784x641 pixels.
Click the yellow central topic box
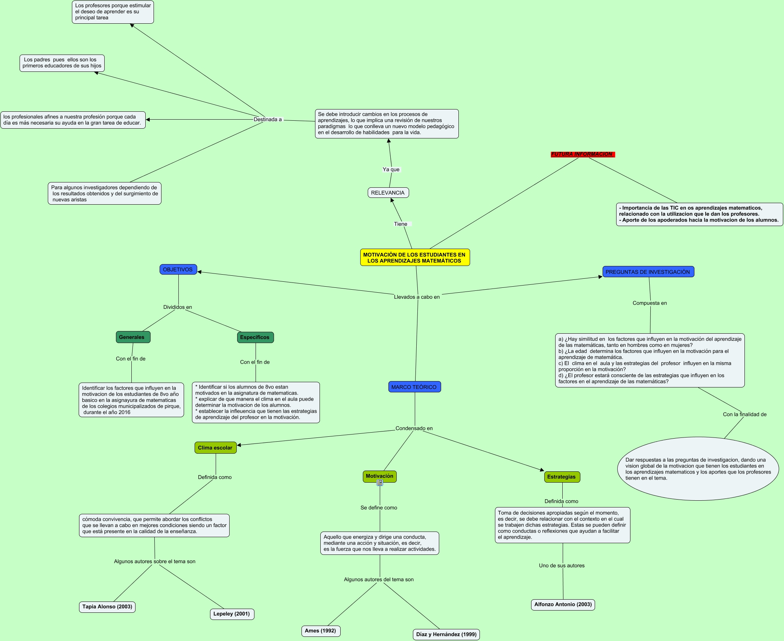[415, 257]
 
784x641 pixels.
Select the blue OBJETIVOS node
[178, 269]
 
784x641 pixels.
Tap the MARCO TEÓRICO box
[414, 387]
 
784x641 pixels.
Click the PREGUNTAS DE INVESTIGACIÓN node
[648, 272]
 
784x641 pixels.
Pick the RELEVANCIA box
[388, 193]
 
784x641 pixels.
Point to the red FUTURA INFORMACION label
[582, 154]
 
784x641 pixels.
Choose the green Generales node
[132, 337]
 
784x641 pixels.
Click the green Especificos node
[255, 337]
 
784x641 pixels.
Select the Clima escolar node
[215, 448]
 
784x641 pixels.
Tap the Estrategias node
[562, 477]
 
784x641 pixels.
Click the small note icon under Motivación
[380, 483]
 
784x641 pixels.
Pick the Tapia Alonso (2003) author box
[107, 606]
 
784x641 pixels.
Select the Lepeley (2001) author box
[232, 614]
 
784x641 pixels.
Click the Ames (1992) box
[321, 630]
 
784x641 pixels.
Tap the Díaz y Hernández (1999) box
[446, 634]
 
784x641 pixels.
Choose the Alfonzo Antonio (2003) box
[563, 604]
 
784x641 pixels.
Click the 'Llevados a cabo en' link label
[417, 297]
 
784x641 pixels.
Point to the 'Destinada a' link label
[268, 119]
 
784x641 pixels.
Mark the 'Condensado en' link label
[414, 428]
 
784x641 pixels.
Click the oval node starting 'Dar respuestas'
[698, 469]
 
